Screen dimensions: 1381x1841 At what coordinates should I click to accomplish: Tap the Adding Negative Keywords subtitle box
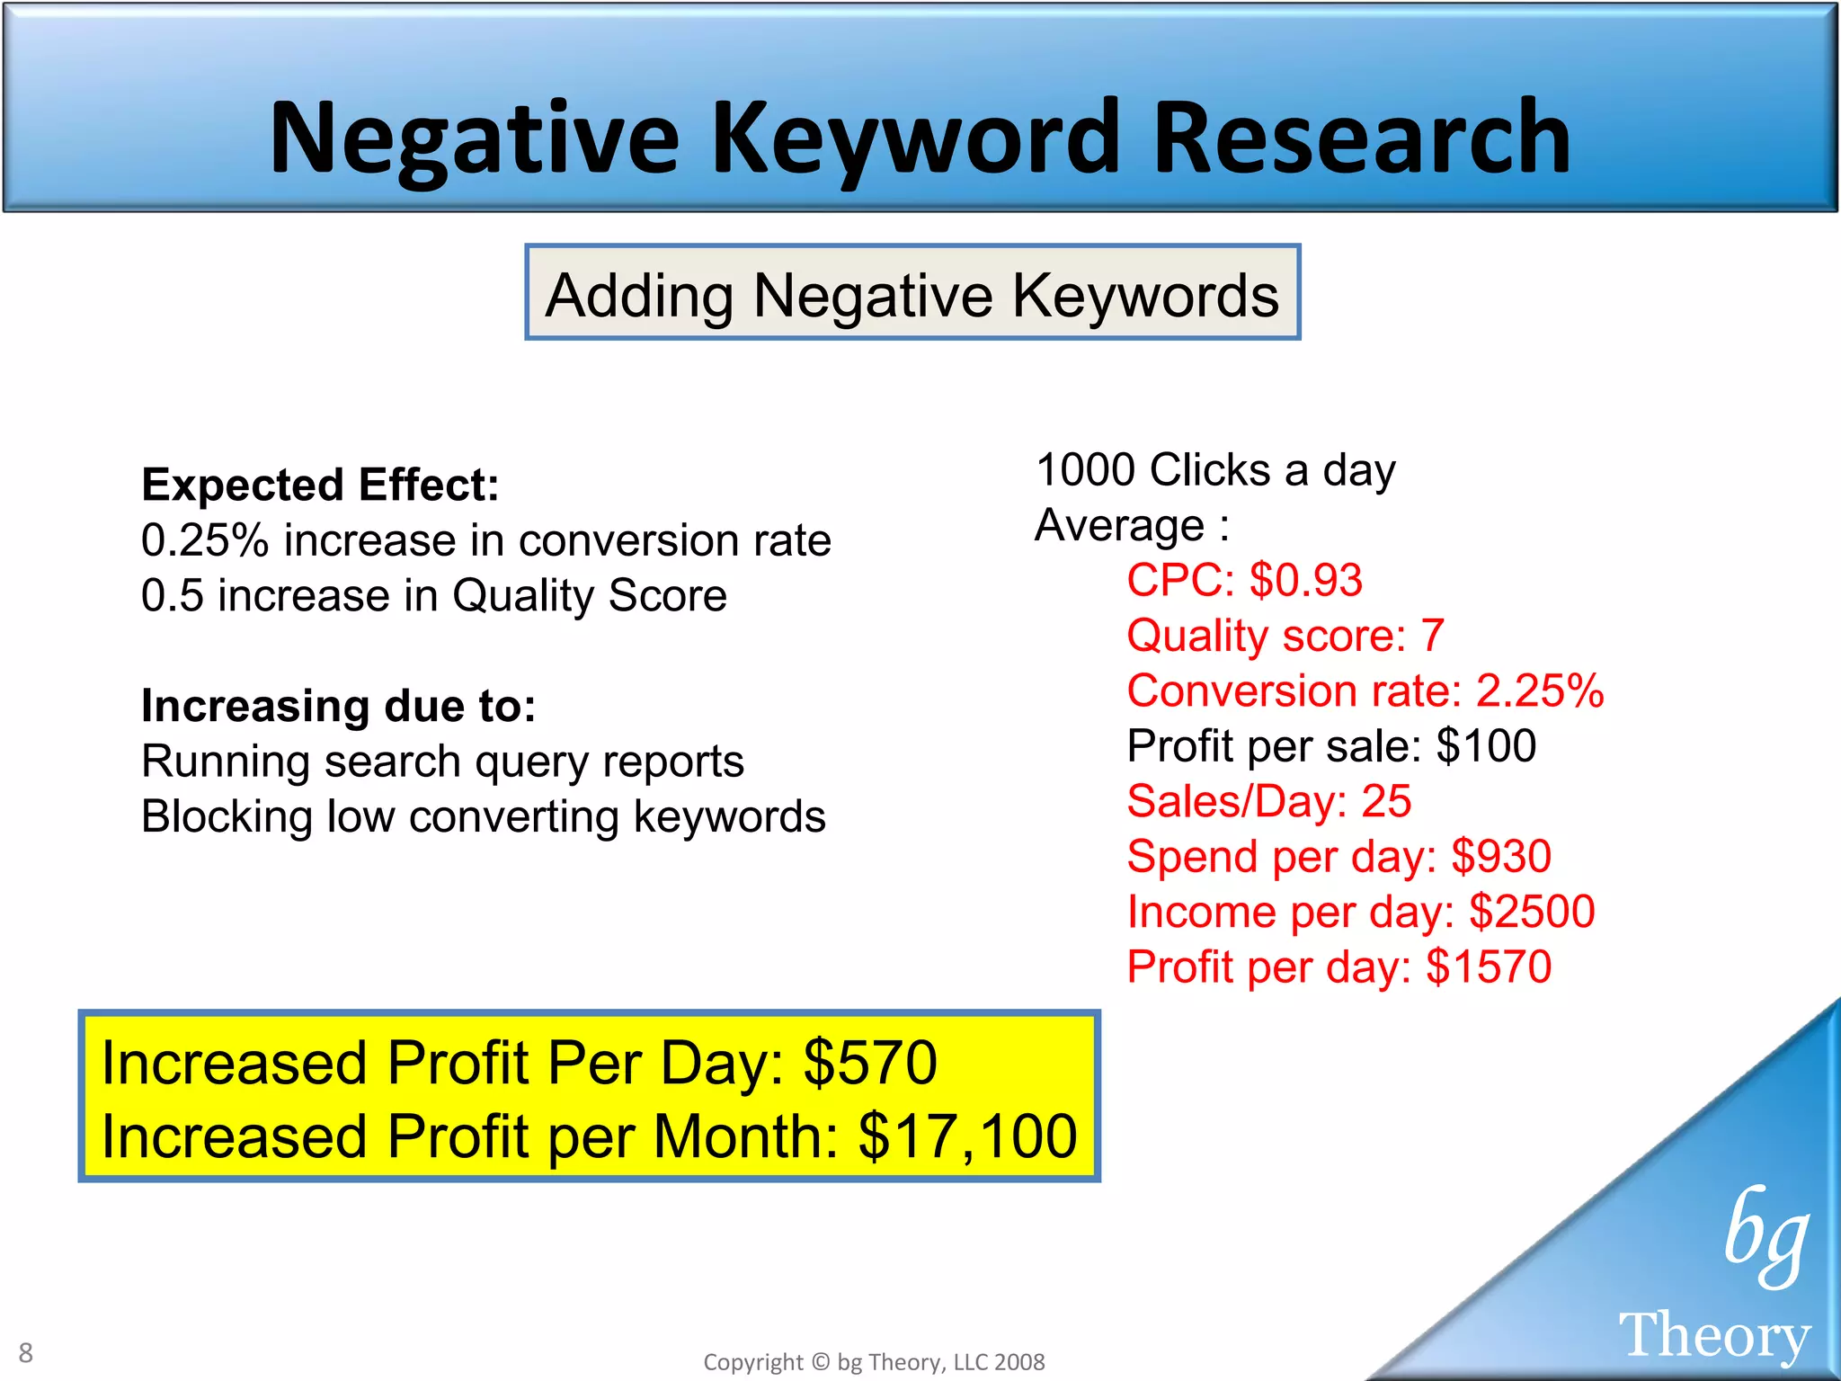(912, 294)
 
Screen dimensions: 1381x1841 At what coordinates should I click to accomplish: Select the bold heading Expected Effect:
(320, 485)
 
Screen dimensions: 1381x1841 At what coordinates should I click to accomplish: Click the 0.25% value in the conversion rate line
(205, 540)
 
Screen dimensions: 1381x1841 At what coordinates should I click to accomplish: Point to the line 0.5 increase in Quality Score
(433, 595)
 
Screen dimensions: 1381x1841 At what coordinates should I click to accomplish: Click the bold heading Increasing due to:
(338, 706)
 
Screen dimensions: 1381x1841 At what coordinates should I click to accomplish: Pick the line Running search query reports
(442, 762)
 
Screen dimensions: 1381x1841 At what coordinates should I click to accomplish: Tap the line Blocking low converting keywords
(483, 816)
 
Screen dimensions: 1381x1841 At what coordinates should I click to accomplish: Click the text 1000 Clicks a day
(1215, 469)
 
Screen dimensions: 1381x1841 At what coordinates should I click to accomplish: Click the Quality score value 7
(1432, 636)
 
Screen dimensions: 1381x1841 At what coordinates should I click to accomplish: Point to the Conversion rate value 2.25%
(1540, 690)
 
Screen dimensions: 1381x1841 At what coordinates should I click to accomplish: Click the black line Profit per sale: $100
(1331, 745)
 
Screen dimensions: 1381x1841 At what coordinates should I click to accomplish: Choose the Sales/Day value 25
(1386, 801)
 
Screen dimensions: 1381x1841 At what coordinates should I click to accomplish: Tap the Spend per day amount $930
(1501, 856)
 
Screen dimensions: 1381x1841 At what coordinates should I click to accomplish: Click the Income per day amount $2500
(1532, 912)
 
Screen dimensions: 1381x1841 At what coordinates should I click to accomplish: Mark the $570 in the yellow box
(869, 1063)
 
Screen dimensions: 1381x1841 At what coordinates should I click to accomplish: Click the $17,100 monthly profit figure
(967, 1136)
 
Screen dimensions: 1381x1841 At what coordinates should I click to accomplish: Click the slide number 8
(26, 1352)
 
